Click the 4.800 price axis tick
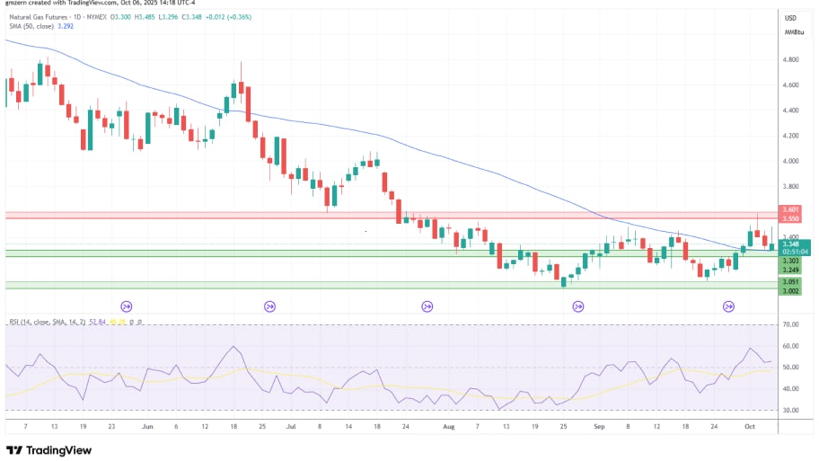[791, 60]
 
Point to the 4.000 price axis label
[791, 161]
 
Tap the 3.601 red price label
[791, 210]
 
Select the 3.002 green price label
[791, 291]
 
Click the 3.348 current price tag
[791, 244]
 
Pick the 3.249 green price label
[791, 270]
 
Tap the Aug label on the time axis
[449, 427]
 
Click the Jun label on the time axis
[147, 427]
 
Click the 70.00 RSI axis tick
[791, 324]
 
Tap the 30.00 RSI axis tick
[791, 411]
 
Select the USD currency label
[791, 18]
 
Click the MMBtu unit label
[793, 32]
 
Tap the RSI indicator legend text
[45, 321]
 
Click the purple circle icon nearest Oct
[729, 306]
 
